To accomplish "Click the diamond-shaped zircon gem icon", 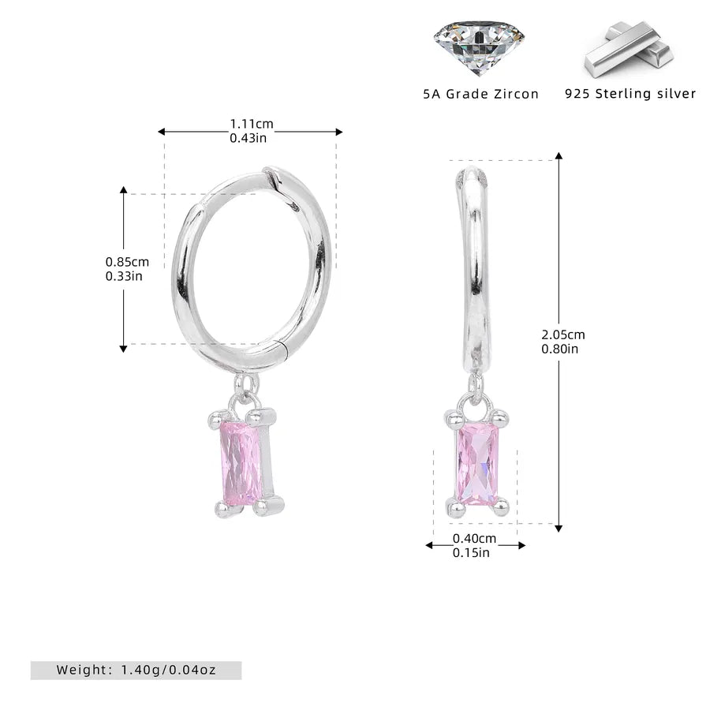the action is coord(479,47).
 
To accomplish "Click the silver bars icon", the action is coord(629,48).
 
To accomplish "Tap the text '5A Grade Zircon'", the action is coord(481,94).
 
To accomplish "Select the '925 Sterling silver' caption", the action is coord(630,94).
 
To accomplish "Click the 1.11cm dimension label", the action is coord(252,124).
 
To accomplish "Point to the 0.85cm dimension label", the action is coord(127,262).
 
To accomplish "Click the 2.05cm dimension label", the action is coord(563,334).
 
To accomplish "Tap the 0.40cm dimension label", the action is coord(475,538).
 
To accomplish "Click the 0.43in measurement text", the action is coord(248,138).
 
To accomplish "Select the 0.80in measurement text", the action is coord(559,349).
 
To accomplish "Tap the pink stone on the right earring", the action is coord(478,464).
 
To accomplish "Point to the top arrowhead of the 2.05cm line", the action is coord(559,155).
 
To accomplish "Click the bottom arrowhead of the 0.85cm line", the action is coord(123,349).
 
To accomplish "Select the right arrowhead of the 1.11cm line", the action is coord(339,132).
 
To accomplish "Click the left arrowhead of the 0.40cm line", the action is coord(429,545).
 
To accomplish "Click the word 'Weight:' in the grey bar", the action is coord(84,670).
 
